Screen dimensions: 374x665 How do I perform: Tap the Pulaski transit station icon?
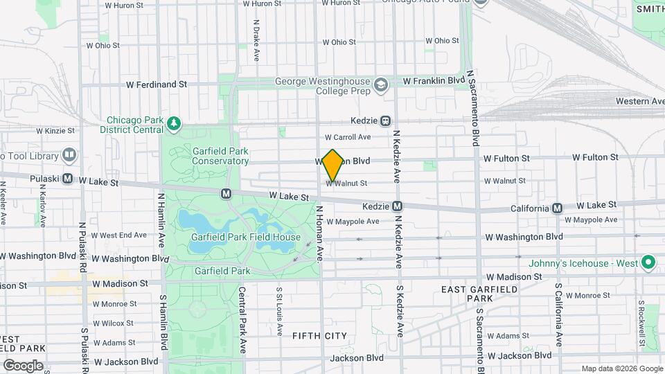68,179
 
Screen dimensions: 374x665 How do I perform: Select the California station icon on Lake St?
558,208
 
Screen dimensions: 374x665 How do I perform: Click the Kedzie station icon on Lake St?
398,206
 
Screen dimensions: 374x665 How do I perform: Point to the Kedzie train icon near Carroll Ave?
385,121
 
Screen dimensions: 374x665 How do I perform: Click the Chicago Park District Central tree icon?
174,124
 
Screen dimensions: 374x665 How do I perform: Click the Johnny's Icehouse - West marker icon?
648,262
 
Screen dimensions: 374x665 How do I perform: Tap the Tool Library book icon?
69,155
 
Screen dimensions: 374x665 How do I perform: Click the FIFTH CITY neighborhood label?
319,335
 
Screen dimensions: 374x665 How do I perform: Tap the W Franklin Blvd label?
433,81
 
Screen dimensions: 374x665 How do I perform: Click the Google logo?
23,365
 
